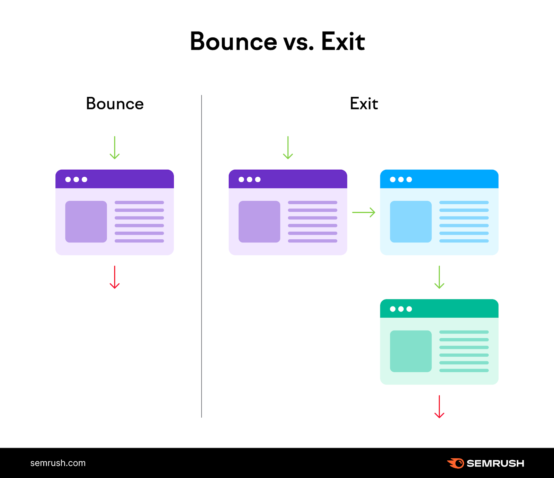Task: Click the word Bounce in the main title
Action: pyautogui.click(x=233, y=42)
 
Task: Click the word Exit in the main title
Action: pyautogui.click(x=343, y=42)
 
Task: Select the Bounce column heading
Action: pyautogui.click(x=115, y=104)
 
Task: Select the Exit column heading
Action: pyautogui.click(x=364, y=104)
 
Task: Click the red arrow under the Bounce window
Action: pyautogui.click(x=115, y=277)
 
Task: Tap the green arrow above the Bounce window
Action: pyautogui.click(x=115, y=148)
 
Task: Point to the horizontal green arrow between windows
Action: pyautogui.click(x=364, y=212)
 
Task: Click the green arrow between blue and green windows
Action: pyautogui.click(x=439, y=277)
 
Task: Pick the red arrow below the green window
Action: pyautogui.click(x=439, y=407)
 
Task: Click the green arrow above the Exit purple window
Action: pyautogui.click(x=288, y=148)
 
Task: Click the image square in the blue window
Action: pyautogui.click(x=411, y=222)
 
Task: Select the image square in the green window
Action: pyautogui.click(x=411, y=351)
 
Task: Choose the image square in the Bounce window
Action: pyautogui.click(x=86, y=222)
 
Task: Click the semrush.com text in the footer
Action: pyautogui.click(x=58, y=463)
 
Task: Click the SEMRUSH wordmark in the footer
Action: pyautogui.click(x=495, y=463)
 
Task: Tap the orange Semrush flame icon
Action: pyautogui.click(x=456, y=463)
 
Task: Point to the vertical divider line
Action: pyautogui.click(x=202, y=256)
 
